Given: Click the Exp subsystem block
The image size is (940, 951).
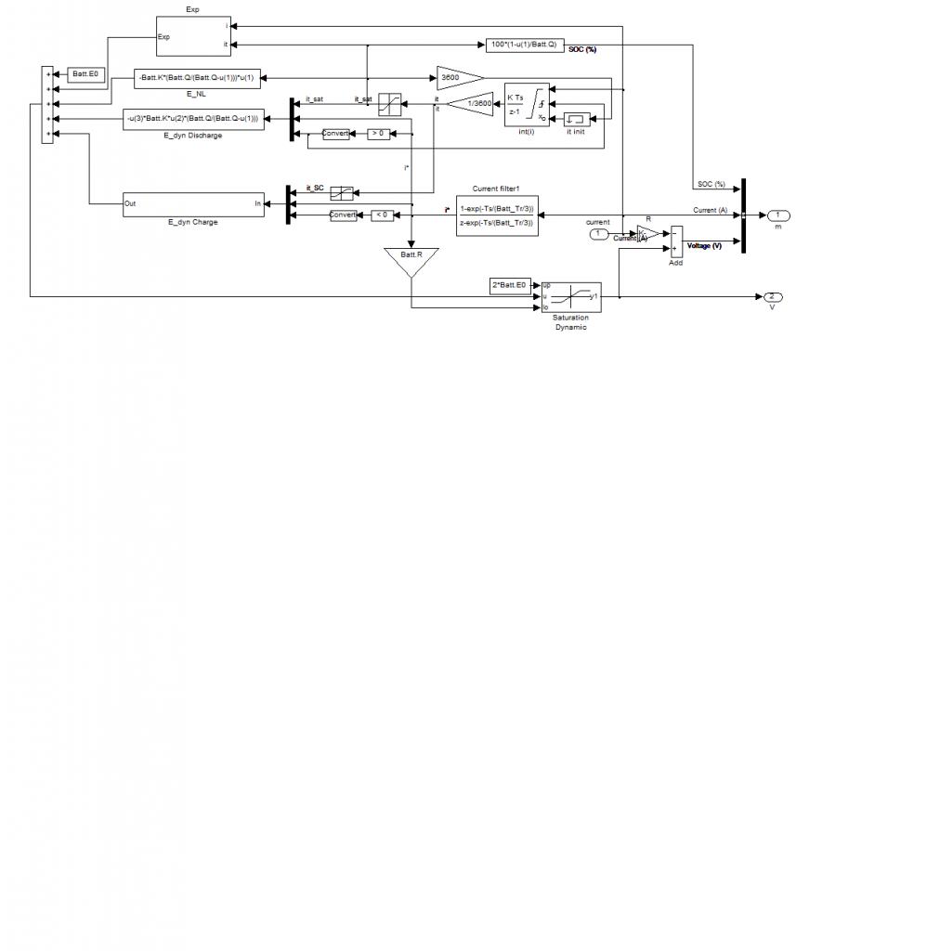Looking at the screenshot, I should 192,36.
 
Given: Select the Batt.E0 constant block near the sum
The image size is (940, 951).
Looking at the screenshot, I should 85,73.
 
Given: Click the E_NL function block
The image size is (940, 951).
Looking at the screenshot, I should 197,78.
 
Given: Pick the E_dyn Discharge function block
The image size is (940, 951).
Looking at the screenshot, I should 193,119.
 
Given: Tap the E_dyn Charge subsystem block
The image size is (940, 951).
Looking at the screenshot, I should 193,203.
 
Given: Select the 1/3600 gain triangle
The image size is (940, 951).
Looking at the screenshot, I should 474,104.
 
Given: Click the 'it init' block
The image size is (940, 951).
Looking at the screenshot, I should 576,119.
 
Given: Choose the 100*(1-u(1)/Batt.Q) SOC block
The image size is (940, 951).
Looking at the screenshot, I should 524,45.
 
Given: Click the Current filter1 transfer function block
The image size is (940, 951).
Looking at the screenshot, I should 497,215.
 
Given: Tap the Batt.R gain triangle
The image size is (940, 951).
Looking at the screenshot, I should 411,260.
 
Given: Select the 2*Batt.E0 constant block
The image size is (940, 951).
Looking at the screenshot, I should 508,284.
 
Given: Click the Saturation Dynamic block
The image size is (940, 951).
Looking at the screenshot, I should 570,296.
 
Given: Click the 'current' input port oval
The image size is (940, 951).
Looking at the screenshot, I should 599,233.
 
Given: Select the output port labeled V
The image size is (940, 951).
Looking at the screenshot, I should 772,296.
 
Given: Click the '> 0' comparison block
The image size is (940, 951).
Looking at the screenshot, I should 379,134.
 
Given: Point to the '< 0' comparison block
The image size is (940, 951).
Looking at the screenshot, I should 382,215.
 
